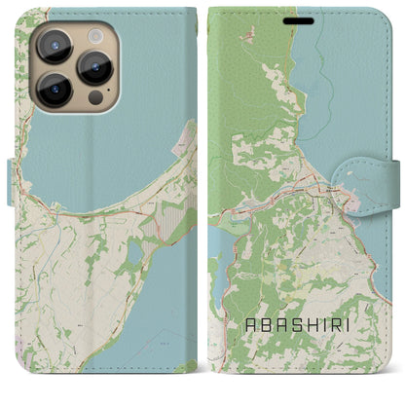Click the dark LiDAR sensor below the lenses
point(95,98)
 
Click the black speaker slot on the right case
point(305,18)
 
